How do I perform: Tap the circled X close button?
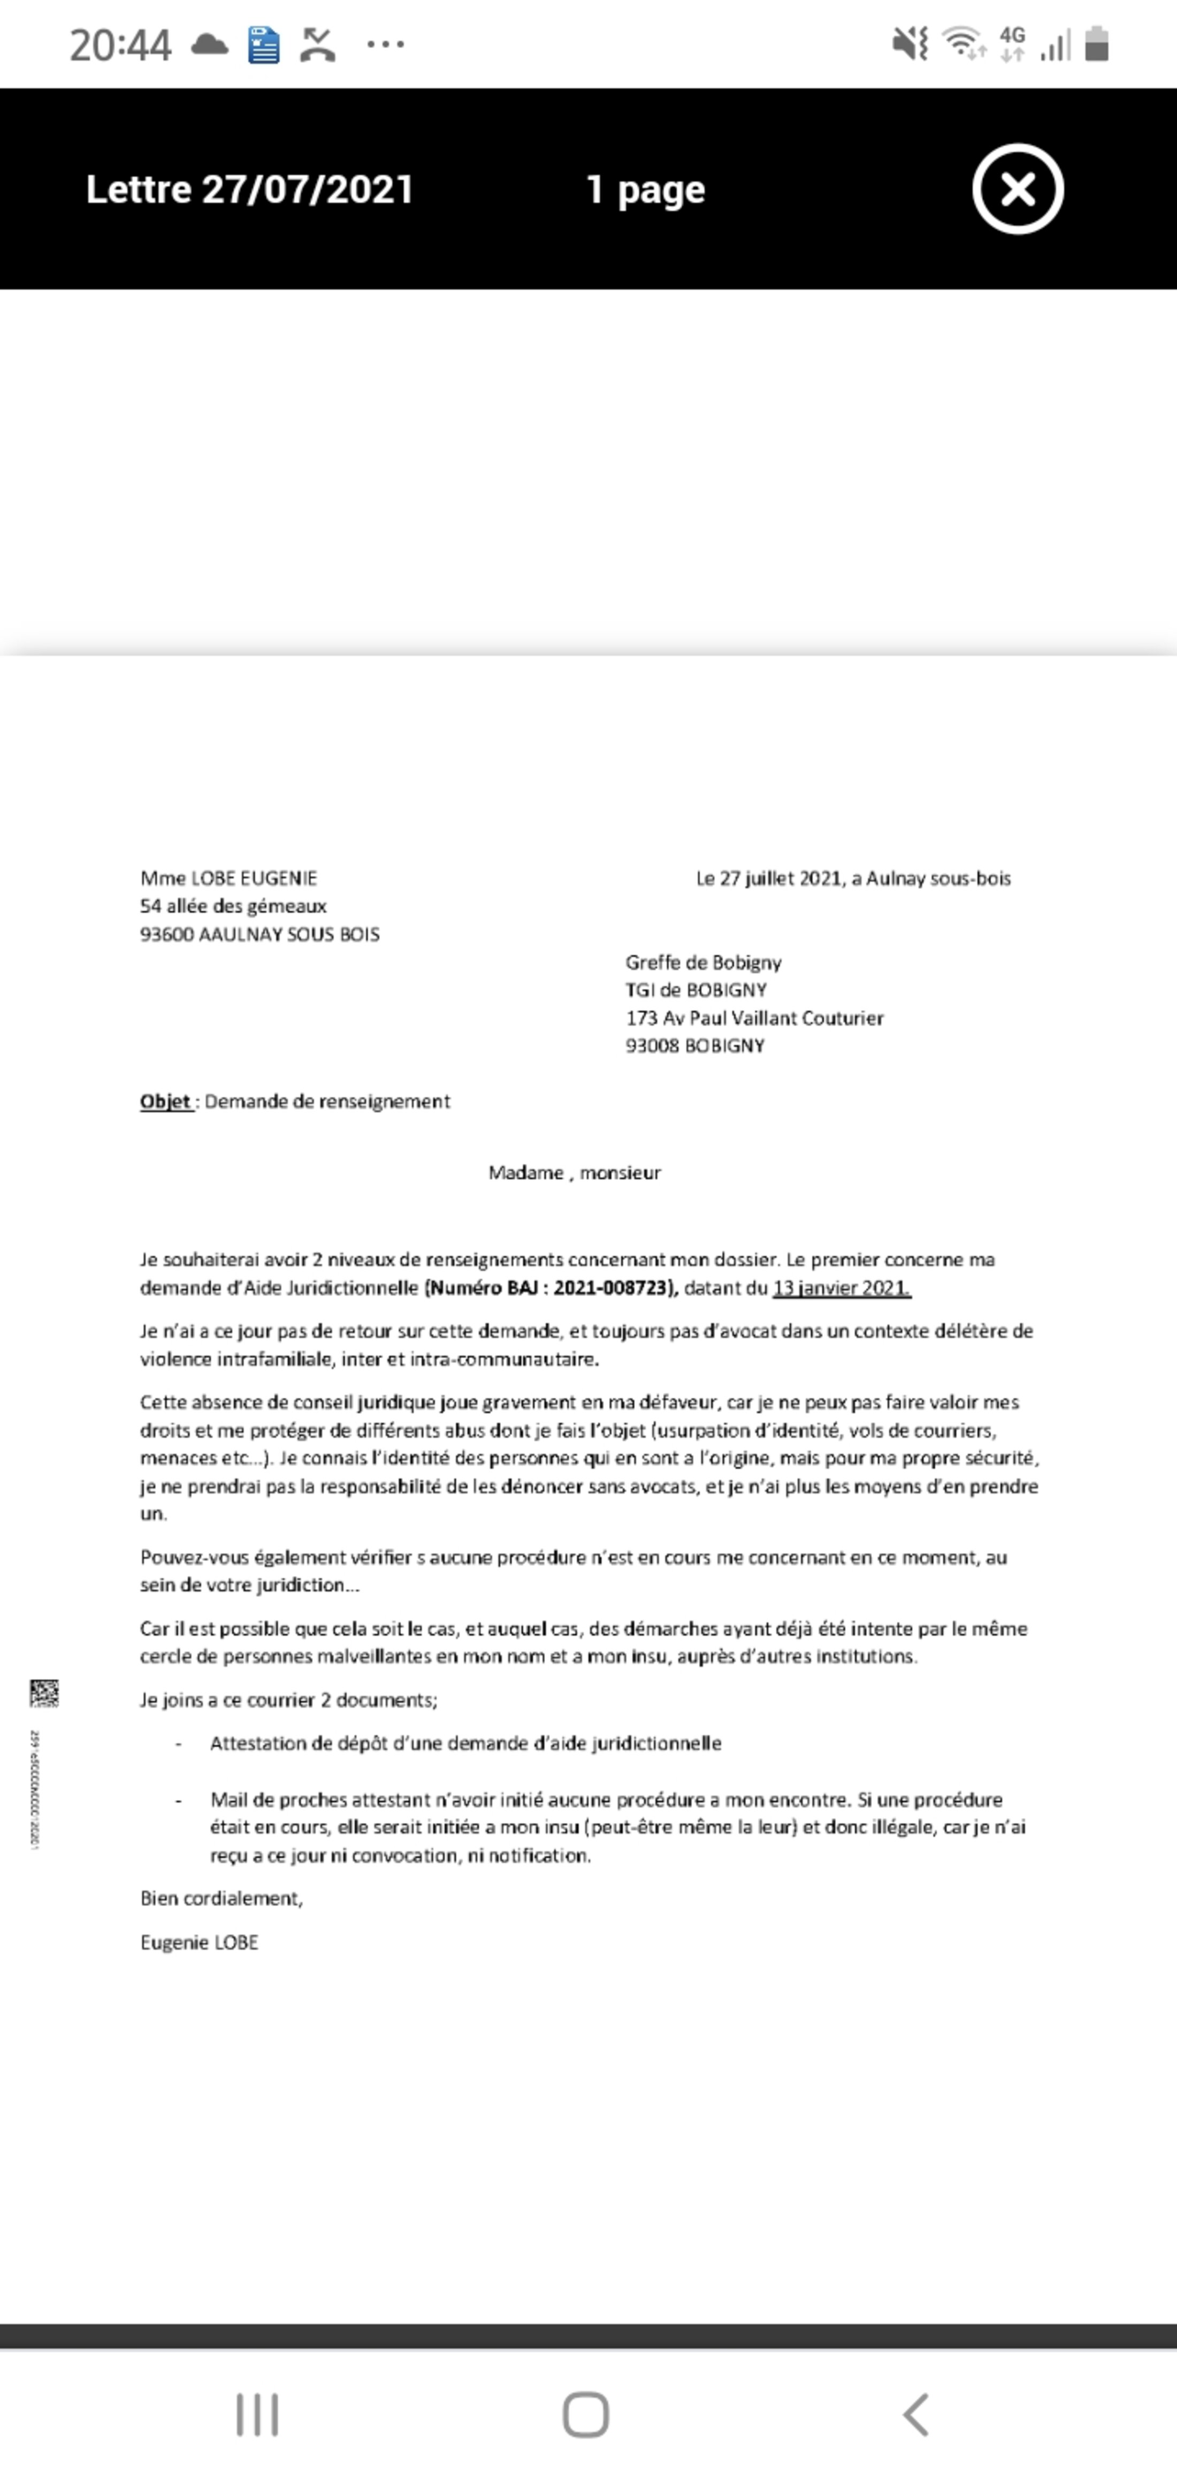coord(1017,189)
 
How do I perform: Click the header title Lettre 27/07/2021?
coord(250,189)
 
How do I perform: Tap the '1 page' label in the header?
coord(645,189)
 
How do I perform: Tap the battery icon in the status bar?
coord(1096,44)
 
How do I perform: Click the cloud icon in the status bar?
coord(209,44)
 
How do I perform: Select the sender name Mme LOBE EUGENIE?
coord(228,878)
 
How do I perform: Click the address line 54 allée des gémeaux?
coord(233,906)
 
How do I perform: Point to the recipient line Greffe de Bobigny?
coord(704,962)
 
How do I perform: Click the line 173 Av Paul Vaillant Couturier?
coord(754,1018)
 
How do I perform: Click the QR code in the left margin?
coord(44,1693)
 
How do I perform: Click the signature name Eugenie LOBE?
coord(200,1943)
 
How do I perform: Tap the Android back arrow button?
coord(915,2415)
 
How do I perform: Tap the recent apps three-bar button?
coord(257,2415)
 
